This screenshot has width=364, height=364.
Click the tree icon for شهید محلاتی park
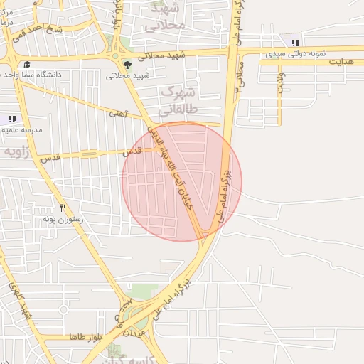tap(127, 65)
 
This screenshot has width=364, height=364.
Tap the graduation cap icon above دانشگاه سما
tap(27, 65)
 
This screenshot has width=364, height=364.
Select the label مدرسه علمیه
tap(22, 130)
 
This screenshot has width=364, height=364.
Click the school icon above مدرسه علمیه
tap(11, 119)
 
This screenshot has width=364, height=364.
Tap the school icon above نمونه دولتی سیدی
tap(294, 43)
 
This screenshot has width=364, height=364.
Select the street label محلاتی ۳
tap(241, 79)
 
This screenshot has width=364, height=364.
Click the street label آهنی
tap(117, 113)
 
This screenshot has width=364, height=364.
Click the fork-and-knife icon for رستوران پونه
tap(63, 208)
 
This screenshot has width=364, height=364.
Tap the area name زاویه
tap(16, 152)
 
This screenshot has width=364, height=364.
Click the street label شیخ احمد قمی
tap(63, 30)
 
